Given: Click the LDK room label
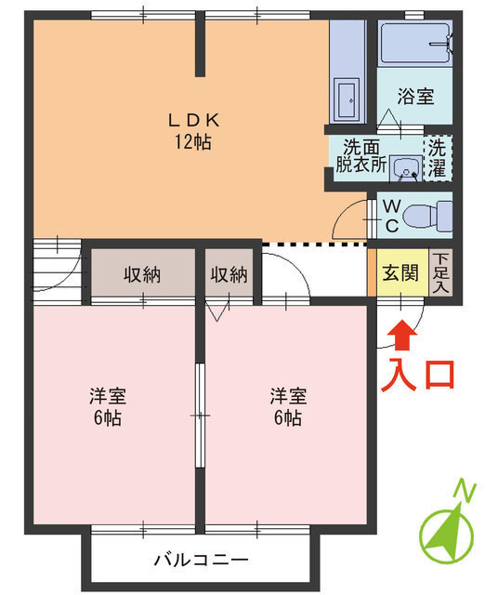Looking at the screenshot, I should tap(192, 120).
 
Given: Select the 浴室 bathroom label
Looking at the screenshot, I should tap(414, 96).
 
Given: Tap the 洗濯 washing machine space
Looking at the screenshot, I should tap(436, 158).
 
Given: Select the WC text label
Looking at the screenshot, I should tap(391, 215).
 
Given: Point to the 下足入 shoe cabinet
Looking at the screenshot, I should tap(440, 273).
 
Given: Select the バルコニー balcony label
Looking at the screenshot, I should tap(201, 561).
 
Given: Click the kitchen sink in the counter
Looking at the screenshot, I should tap(347, 95).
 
